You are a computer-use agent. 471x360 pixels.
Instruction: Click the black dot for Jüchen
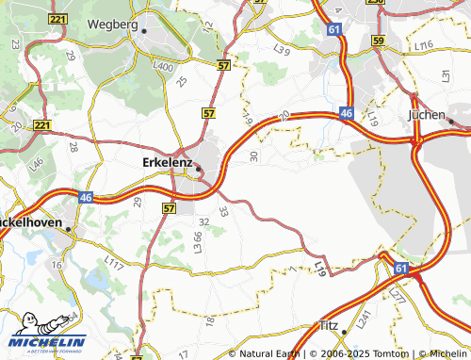pos(452,122)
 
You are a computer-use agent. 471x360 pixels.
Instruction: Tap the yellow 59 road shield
pos(378,41)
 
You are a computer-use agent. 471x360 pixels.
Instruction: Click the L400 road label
pos(164,66)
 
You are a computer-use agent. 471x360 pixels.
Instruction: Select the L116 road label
pos(422,45)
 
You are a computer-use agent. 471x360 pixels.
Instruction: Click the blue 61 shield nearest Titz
pos(401,270)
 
